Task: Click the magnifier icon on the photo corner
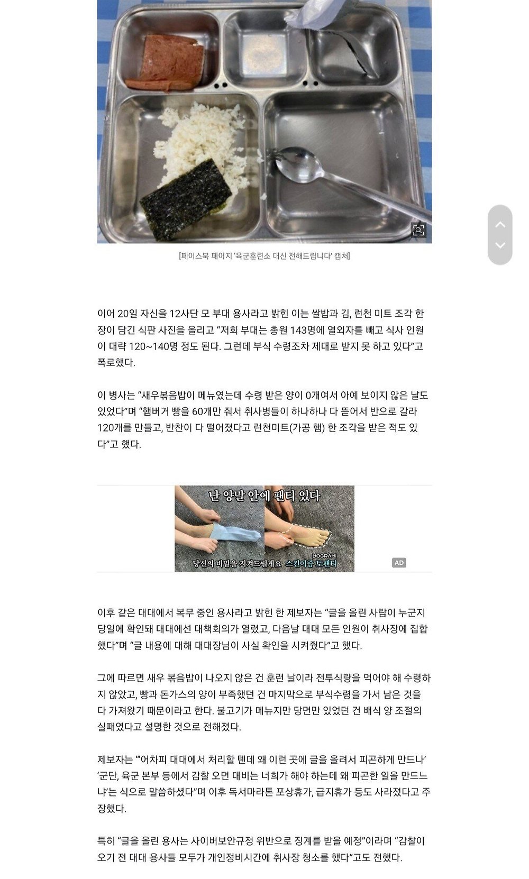[x=419, y=231]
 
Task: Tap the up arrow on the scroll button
[x=499, y=224]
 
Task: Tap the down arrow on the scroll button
[x=499, y=245]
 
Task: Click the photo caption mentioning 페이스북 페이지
[x=264, y=257]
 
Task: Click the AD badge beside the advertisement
[x=399, y=563]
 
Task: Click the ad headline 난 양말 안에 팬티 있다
[x=264, y=496]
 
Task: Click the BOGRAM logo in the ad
[x=324, y=556]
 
